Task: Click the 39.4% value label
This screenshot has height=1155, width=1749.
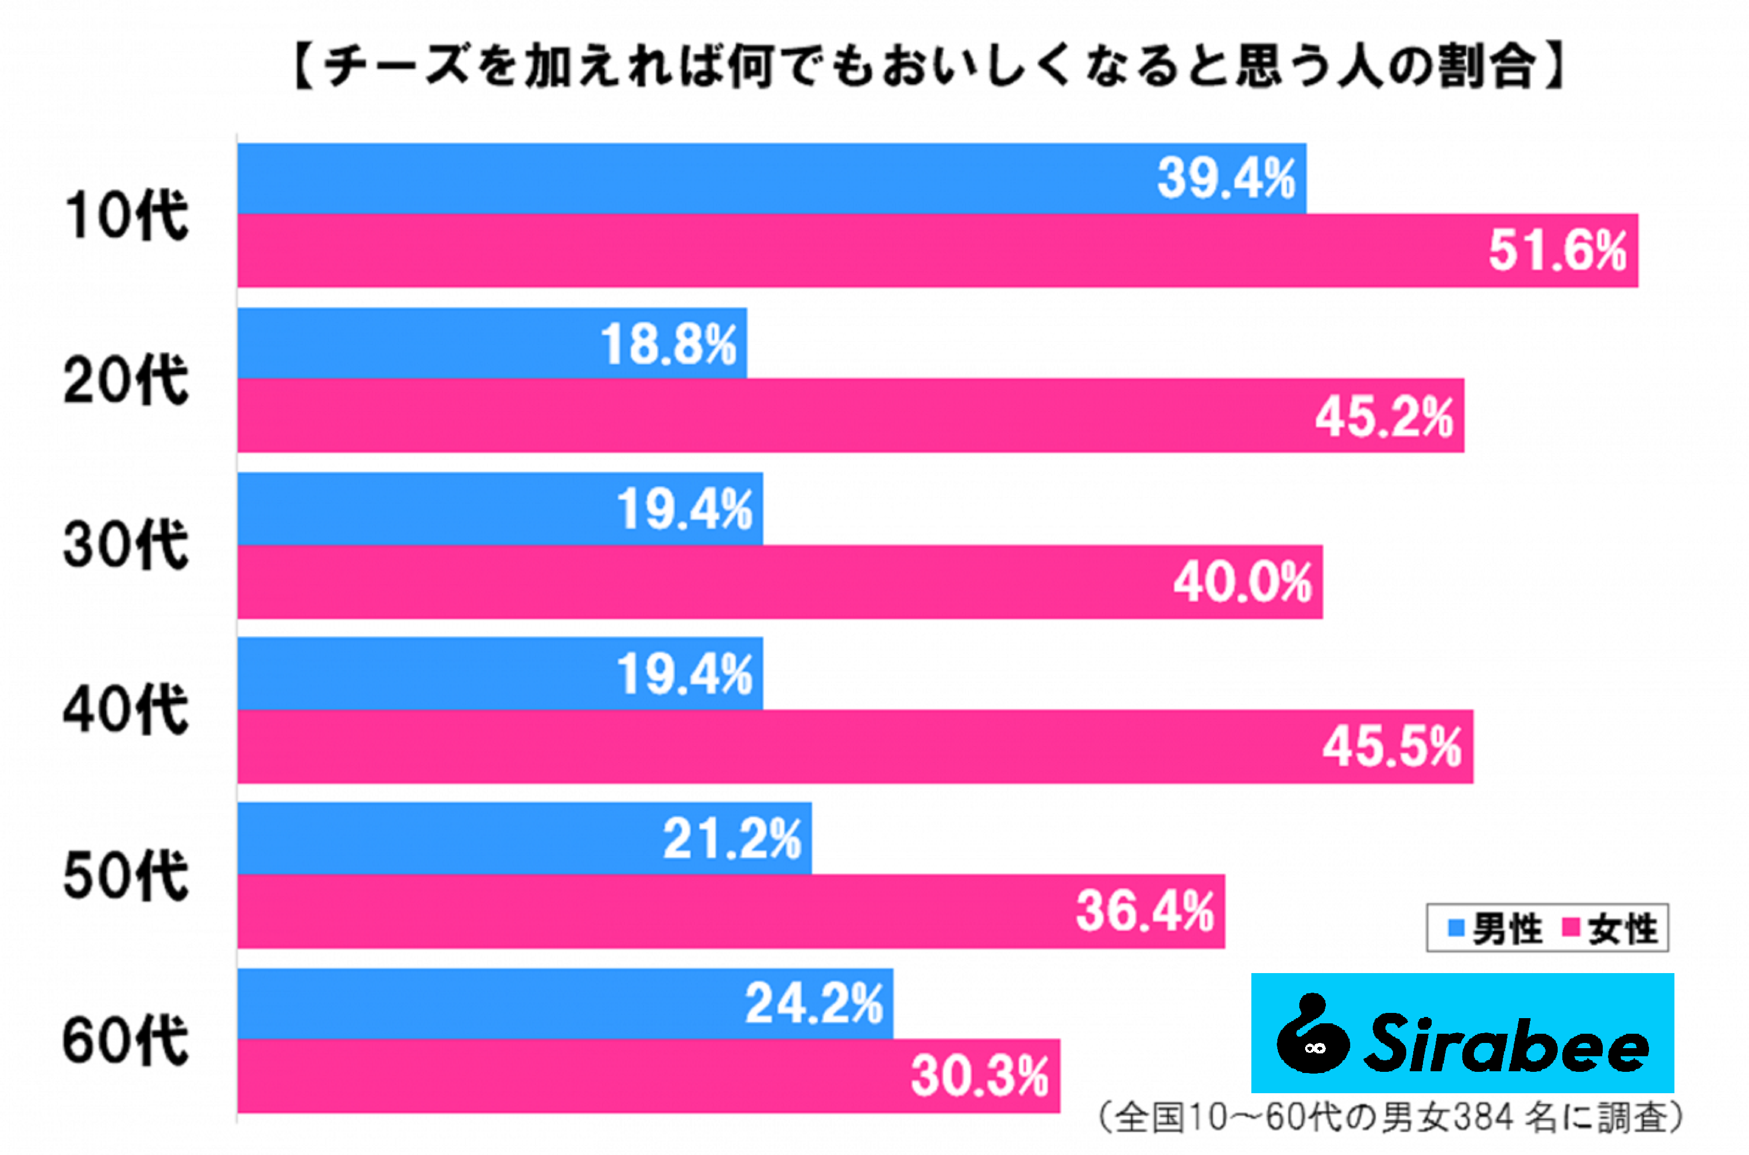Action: [x=1226, y=178]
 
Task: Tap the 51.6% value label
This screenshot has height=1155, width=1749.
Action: [x=1557, y=251]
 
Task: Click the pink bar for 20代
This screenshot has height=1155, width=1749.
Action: [x=774, y=415]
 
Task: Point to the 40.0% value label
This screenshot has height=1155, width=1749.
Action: [x=1243, y=582]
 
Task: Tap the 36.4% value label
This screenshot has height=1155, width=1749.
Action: [x=1144, y=911]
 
